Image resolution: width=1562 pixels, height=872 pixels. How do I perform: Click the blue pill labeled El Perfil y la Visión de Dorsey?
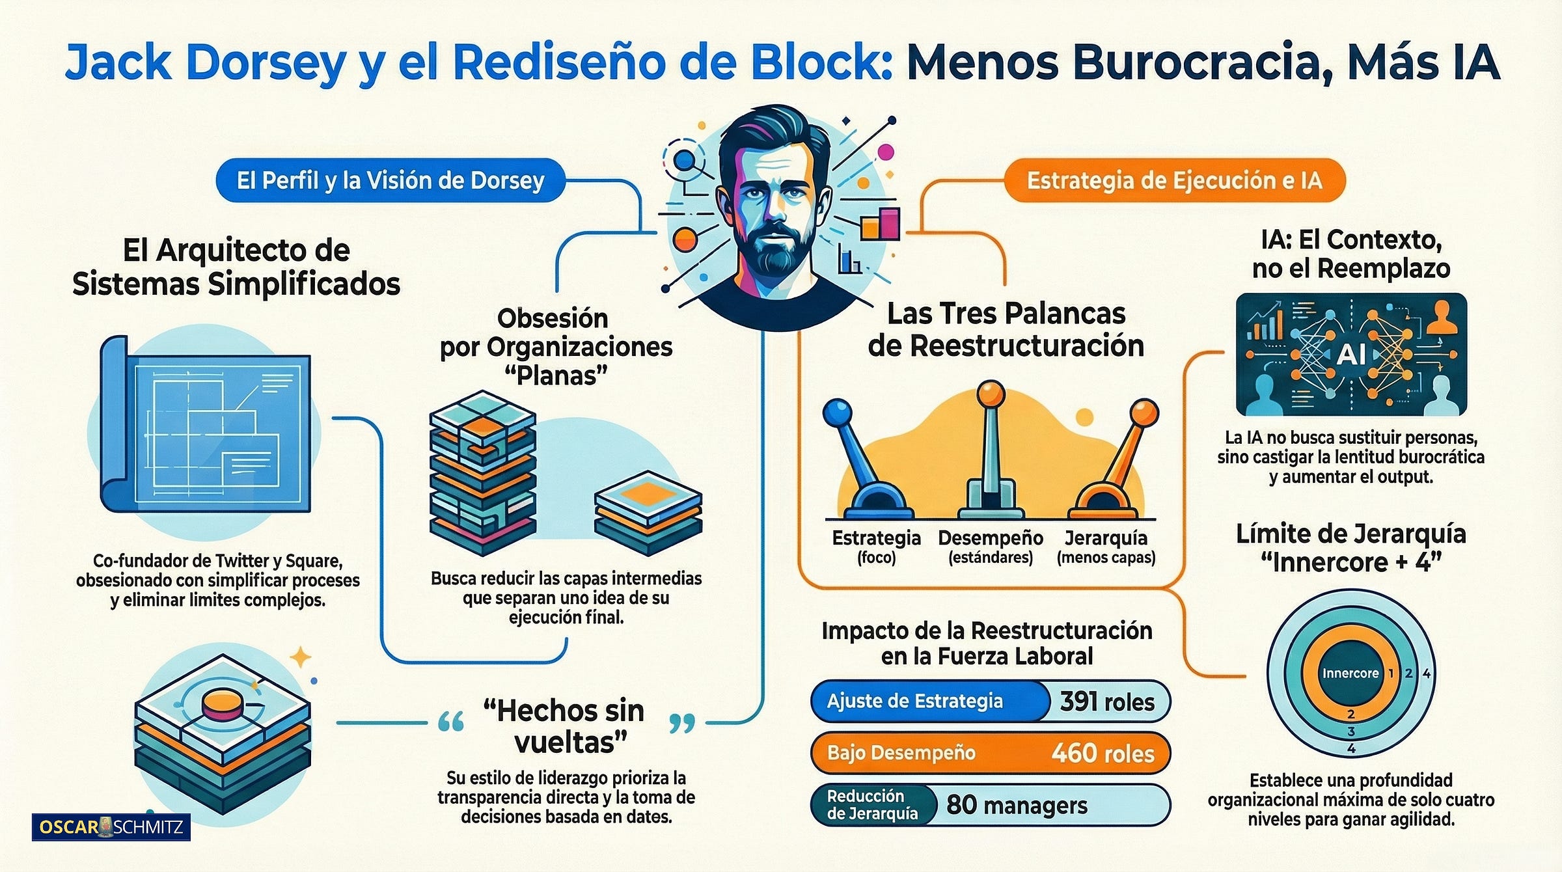coord(390,180)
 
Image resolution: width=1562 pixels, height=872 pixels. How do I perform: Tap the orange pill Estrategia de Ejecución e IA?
coord(1174,180)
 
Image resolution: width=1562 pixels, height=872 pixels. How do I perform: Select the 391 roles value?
coord(1107,702)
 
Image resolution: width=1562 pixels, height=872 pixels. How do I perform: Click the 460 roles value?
coord(1103,754)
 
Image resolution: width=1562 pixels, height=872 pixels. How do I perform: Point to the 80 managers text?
coord(1017,805)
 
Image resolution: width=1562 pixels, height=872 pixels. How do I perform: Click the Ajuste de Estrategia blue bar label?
coord(914,702)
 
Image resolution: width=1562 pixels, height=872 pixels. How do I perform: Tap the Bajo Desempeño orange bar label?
coord(901,754)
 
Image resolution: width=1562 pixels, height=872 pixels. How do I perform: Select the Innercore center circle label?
coord(1350,674)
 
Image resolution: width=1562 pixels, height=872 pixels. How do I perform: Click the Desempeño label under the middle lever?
coord(990,539)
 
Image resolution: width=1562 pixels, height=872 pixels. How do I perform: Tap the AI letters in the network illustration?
coord(1350,355)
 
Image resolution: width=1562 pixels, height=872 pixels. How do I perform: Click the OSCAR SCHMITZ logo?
coord(111,827)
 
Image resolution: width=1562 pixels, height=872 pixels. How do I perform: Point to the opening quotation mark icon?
coord(450,722)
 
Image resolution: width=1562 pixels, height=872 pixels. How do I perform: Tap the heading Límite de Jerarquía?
coord(1350,534)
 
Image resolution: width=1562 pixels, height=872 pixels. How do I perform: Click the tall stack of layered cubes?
coord(482,472)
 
